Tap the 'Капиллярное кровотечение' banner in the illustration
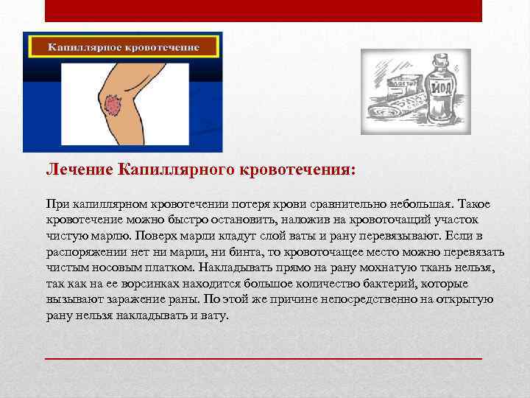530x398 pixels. [x=124, y=46]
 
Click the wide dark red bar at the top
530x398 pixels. [x=264, y=10]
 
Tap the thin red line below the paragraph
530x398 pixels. [x=264, y=357]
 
